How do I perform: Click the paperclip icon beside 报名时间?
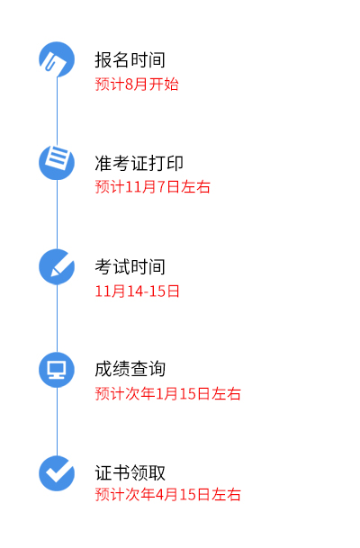click(57, 59)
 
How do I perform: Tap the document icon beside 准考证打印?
click(57, 163)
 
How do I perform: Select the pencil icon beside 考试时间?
click(57, 266)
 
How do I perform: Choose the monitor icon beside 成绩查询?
click(57, 370)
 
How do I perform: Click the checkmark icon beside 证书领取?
click(57, 473)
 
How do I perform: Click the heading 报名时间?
click(130, 59)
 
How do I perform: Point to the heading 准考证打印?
click(139, 163)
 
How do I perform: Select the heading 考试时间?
click(130, 266)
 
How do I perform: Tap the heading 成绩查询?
click(130, 369)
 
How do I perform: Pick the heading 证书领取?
click(130, 472)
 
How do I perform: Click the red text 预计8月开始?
click(137, 85)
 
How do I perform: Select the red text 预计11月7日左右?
click(152, 186)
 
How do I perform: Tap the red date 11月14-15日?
click(137, 292)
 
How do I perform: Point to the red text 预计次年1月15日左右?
click(167, 394)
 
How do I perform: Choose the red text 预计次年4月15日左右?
click(167, 495)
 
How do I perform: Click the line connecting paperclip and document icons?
click(57, 112)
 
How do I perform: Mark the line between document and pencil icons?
click(57, 214)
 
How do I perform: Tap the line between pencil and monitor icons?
click(57, 318)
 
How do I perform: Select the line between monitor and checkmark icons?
click(57, 421)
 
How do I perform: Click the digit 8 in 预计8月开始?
click(129, 85)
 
